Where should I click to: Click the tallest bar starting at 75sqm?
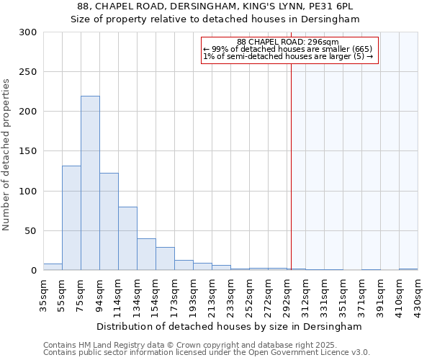[90, 183]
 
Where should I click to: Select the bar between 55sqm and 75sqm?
[71, 217]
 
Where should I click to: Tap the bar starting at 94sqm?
[109, 221]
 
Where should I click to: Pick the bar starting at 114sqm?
[127, 238]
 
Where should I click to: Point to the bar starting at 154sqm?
[165, 258]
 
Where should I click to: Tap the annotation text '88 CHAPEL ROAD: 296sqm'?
[288, 42]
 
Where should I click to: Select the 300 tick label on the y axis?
[28, 32]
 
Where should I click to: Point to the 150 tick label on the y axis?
[28, 151]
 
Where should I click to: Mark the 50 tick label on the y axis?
[30, 231]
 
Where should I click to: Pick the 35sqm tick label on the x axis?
[43, 294]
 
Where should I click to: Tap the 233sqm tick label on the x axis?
[230, 294]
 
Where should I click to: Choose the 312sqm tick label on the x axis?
[305, 294]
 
